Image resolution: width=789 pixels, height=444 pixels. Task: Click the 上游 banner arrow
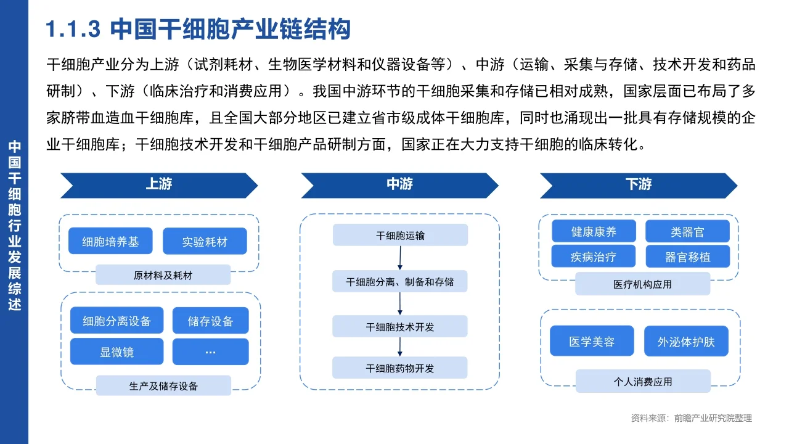(159, 185)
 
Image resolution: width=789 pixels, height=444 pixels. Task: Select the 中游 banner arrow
(399, 185)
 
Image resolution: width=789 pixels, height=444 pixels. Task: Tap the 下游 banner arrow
(639, 185)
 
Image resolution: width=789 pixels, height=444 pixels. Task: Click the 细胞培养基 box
(111, 242)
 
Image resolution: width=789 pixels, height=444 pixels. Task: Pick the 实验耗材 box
(205, 242)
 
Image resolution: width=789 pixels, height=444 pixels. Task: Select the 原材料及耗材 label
(163, 275)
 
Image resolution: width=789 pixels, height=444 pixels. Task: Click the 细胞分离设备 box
(117, 321)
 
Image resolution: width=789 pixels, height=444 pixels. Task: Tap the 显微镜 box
(117, 352)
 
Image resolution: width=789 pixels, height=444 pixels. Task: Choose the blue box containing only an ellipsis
(210, 352)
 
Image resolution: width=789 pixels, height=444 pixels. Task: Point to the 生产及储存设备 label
(163, 386)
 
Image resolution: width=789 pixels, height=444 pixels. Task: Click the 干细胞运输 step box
(400, 235)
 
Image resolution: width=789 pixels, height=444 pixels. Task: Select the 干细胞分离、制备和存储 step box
(400, 281)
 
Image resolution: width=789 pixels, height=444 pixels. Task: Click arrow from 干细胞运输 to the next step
(400, 258)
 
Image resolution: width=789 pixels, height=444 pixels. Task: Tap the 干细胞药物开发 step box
(400, 368)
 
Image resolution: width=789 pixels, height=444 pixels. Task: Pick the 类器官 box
(687, 232)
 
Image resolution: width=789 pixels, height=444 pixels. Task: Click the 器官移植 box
(687, 257)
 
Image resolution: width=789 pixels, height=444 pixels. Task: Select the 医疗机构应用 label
(642, 284)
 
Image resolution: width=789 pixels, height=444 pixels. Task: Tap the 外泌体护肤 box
(686, 341)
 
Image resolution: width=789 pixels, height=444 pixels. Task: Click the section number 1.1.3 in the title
(73, 29)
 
